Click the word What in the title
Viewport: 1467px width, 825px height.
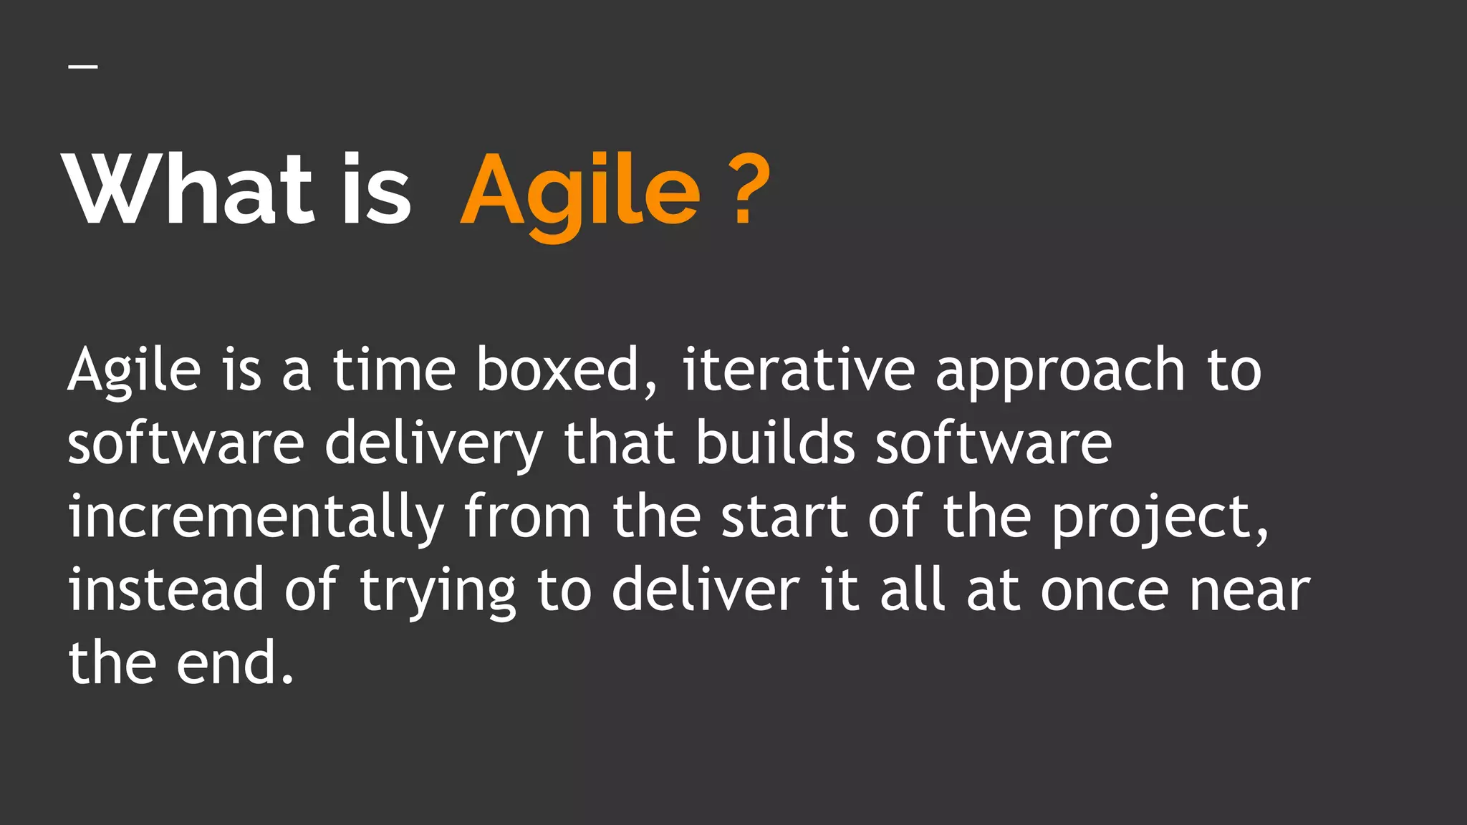(x=190, y=190)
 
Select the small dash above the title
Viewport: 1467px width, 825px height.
(x=83, y=67)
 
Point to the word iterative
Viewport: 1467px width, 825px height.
(x=798, y=370)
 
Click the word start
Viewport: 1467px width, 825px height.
(x=784, y=517)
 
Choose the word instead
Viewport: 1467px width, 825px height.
(x=166, y=590)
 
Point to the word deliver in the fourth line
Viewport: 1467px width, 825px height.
(x=706, y=590)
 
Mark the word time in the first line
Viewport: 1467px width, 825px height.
(x=394, y=370)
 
